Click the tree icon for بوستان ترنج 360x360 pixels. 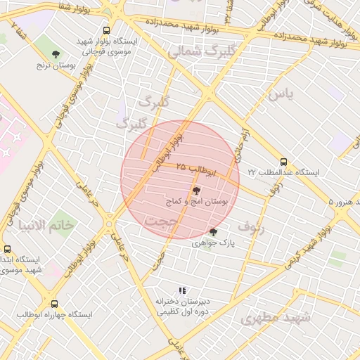click(56, 53)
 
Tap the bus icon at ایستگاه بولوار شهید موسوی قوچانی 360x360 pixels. click(106, 30)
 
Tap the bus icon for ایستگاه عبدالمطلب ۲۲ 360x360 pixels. click(283, 162)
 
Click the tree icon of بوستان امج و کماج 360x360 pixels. click(195, 191)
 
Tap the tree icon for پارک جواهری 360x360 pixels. click(213, 232)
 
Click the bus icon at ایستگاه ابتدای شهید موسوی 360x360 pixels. click(7, 249)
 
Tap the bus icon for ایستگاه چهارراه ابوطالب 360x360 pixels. click(55, 304)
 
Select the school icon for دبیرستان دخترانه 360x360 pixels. click(182, 290)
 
